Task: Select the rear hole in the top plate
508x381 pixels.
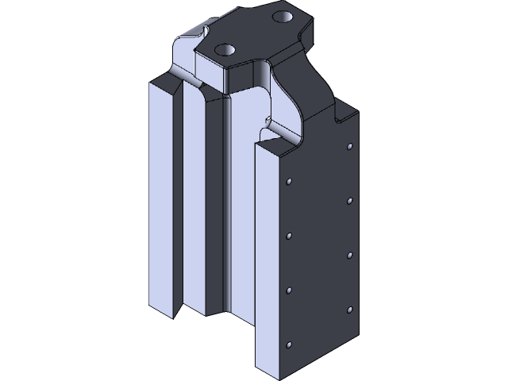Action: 283,16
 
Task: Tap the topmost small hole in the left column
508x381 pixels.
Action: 290,182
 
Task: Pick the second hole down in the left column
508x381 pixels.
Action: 290,235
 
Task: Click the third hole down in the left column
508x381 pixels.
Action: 290,289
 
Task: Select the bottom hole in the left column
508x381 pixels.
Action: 290,344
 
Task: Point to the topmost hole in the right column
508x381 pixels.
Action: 350,147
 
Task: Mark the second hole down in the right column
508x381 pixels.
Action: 350,200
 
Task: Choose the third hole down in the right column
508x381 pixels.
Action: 350,254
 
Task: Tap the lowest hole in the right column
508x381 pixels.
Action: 350,308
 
